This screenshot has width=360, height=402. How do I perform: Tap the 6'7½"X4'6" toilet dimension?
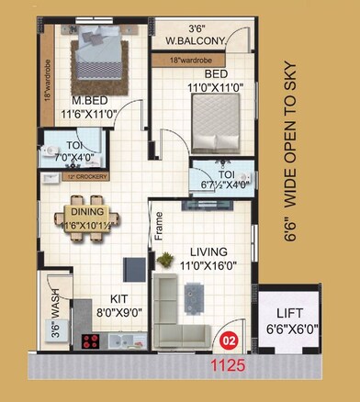(219, 183)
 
